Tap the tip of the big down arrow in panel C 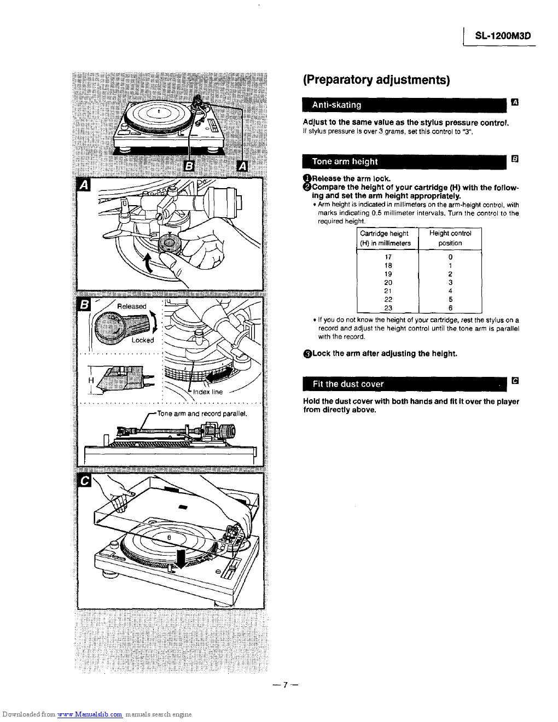[181, 568]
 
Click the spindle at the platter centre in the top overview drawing [159, 111]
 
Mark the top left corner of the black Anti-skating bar [303, 98]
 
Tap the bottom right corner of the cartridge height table [481, 313]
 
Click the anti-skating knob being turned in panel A [168, 243]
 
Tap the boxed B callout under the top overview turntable [189, 166]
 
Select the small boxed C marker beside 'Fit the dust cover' [515, 381]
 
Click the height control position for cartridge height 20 [450, 282]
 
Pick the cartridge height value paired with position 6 [388, 308]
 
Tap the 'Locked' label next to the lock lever [143, 340]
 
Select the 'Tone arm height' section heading [345, 162]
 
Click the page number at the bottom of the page [285, 685]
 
